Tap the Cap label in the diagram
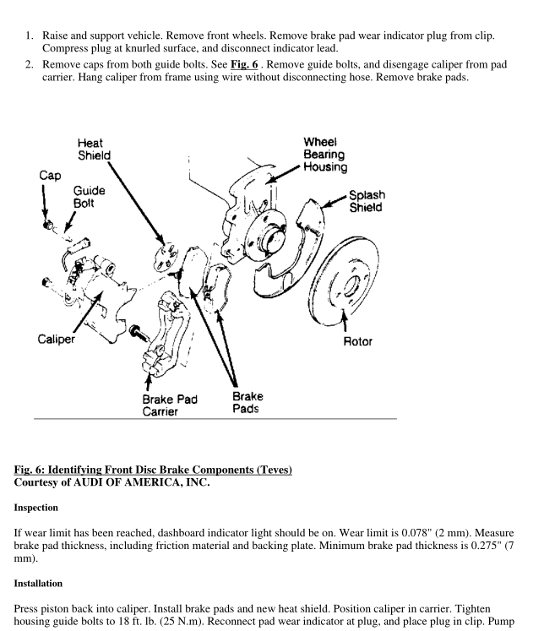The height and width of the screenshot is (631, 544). click(50, 176)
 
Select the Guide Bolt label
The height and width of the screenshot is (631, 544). click(87, 198)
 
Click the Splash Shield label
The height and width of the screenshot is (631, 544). click(365, 200)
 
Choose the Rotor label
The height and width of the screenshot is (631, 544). click(356, 342)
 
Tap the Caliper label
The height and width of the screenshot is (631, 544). click(57, 339)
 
